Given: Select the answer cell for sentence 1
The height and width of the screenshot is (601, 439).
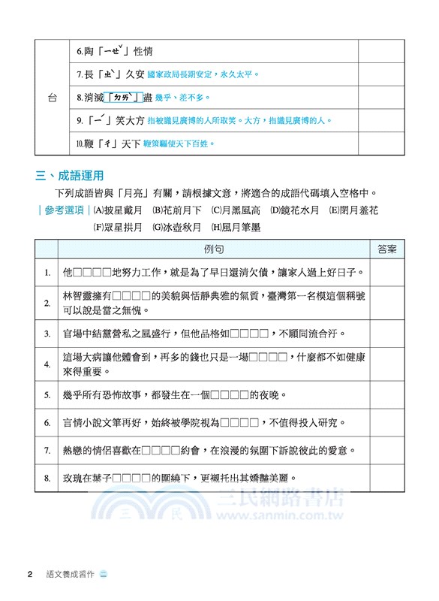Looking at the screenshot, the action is point(388,272).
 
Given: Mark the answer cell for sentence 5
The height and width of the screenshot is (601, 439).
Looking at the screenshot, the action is point(388,394).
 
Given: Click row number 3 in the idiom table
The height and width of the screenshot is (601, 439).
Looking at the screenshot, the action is point(47,333).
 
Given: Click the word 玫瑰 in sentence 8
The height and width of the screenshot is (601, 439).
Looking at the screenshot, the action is point(74,478).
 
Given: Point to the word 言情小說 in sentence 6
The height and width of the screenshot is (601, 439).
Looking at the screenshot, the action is point(87,423).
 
